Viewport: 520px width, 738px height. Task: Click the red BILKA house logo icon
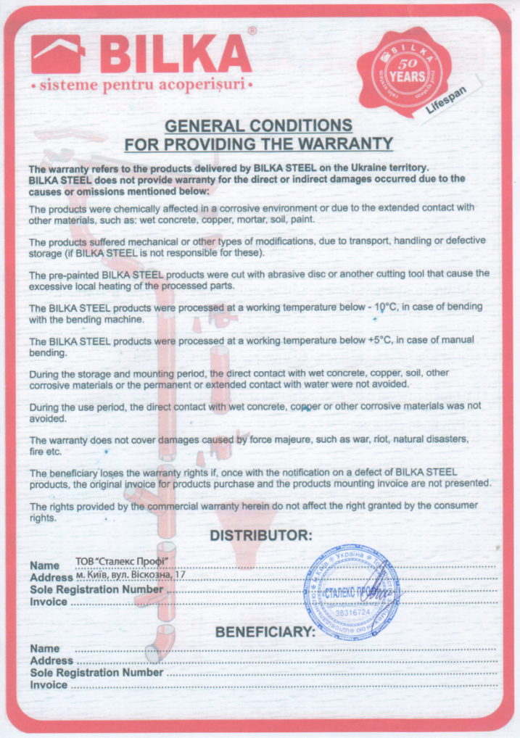[58, 55]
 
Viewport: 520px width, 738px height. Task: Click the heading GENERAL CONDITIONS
[258, 125]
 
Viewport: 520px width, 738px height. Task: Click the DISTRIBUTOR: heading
[260, 536]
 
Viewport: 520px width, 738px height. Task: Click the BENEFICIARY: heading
[265, 632]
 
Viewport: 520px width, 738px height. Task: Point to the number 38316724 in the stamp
[352, 613]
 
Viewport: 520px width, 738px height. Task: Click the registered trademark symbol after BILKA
[252, 31]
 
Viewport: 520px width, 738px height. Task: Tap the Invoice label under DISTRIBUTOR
[49, 602]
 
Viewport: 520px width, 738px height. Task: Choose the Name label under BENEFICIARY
[45, 649]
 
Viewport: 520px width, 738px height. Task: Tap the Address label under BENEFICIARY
[51, 660]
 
